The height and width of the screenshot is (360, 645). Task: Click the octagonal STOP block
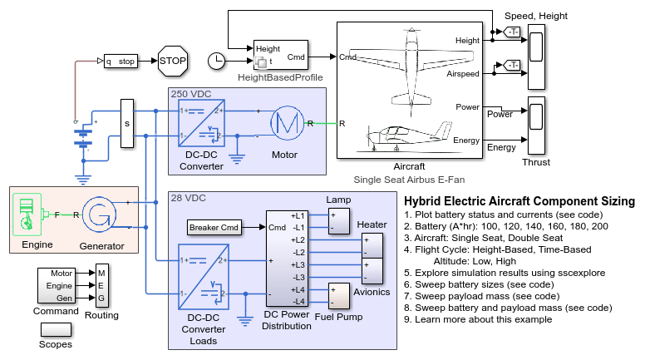pos(173,62)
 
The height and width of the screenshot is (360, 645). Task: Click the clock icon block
pos(216,61)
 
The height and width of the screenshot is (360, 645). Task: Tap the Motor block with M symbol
pos(283,125)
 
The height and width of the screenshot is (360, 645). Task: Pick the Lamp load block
pos(339,221)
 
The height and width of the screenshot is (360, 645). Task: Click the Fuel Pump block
pos(339,295)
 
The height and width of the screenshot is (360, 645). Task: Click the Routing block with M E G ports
pos(101,285)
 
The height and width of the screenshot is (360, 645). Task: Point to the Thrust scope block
pos(536,126)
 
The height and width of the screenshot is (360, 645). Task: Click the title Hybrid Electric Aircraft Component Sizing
pos(519,201)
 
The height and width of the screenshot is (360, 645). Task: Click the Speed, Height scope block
pos(536,56)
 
